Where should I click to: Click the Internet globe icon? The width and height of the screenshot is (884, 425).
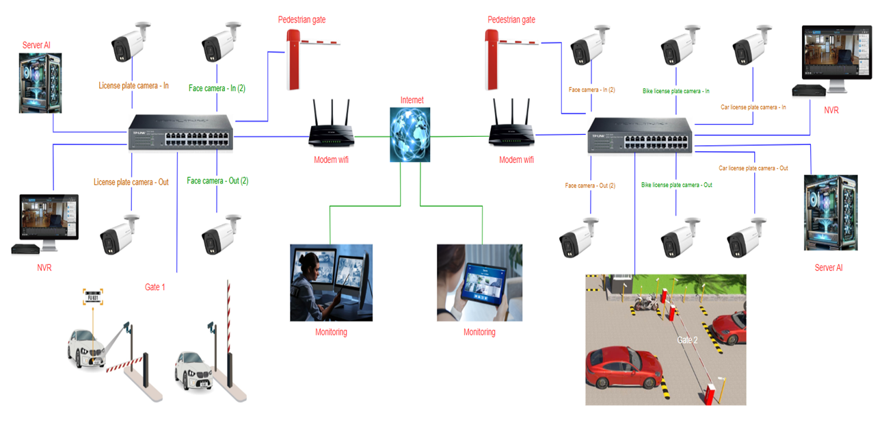pos(410,134)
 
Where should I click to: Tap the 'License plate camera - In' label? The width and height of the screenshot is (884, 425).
pos(133,86)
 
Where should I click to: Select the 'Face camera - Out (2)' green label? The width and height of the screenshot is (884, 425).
pos(217,181)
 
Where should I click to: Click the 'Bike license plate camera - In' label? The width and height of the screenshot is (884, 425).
pos(675,91)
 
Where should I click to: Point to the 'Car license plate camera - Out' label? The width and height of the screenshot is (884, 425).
pos(753,168)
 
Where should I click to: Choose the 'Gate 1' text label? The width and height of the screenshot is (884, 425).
pos(155,287)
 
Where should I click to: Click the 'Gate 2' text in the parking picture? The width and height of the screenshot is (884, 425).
pos(687,340)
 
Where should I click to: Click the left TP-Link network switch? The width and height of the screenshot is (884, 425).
pos(180,133)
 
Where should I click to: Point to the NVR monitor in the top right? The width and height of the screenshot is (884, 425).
pos(837,57)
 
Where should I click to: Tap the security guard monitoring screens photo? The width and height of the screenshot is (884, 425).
pos(331,282)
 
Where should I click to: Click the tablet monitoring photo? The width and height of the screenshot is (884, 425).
pos(479,282)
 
